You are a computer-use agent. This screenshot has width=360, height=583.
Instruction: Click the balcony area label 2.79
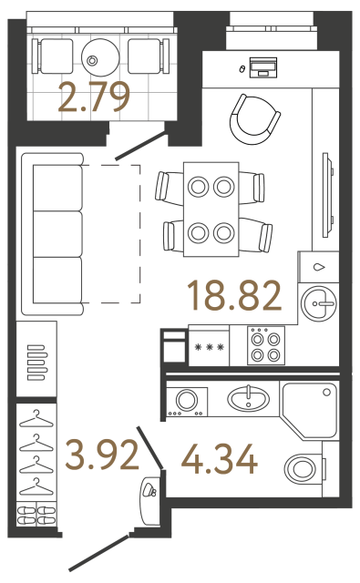(94, 96)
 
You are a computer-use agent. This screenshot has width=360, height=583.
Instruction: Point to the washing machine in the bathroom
(188, 401)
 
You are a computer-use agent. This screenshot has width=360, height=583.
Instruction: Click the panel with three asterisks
(210, 347)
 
